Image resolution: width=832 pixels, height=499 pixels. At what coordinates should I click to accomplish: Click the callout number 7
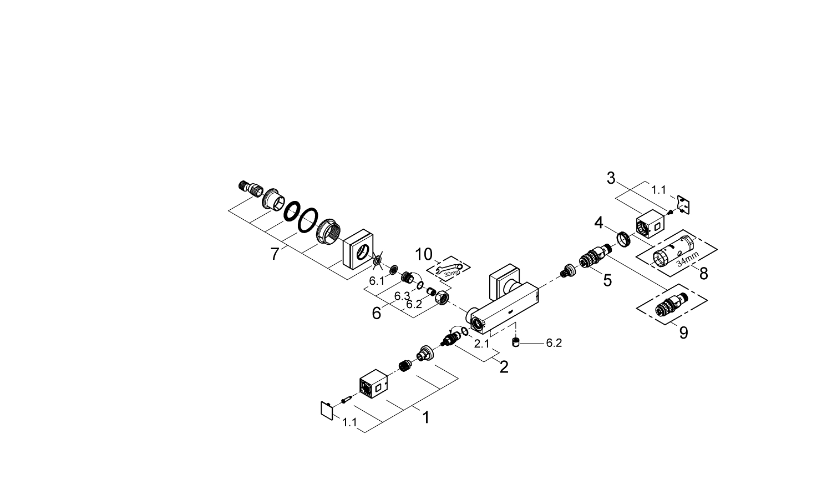(274, 254)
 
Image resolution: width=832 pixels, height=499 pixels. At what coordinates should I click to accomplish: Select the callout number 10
(424, 254)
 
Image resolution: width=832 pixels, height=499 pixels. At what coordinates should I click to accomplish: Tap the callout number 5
(607, 280)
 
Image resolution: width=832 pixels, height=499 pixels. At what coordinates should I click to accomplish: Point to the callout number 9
(683, 332)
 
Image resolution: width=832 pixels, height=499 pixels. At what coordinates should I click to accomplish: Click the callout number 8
(703, 273)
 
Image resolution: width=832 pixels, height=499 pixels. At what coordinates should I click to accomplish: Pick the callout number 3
(611, 178)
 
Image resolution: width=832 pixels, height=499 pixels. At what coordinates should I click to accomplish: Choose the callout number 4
(598, 223)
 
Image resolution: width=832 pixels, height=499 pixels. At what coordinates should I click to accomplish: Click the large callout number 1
(425, 417)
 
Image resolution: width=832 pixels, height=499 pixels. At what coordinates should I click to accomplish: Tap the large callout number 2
(504, 366)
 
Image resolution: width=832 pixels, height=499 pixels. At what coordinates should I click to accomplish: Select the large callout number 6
(376, 313)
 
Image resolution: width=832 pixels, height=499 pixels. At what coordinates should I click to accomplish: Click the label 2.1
(481, 344)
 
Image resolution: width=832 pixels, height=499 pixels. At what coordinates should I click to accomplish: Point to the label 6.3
(402, 296)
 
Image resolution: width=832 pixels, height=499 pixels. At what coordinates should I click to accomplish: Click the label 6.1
(377, 281)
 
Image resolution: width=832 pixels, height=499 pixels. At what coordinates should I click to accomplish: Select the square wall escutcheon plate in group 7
(358, 253)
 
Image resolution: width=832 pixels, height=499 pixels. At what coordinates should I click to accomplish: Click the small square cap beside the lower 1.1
(326, 411)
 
